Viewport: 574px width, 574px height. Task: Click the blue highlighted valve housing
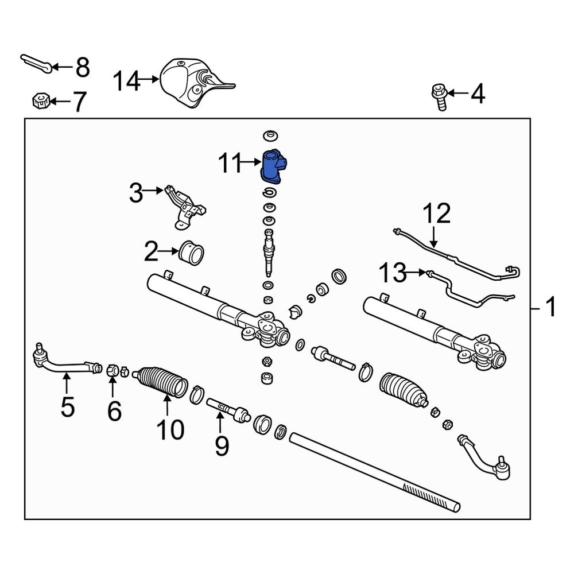pyautogui.click(x=273, y=168)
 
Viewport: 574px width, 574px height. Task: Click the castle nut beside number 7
pyautogui.click(x=37, y=102)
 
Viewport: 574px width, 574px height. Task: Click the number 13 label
pyautogui.click(x=393, y=273)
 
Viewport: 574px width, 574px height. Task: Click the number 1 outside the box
pyautogui.click(x=550, y=309)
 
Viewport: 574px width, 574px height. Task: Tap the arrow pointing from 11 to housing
pyautogui.click(x=253, y=163)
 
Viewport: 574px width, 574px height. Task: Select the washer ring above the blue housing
pyautogui.click(x=269, y=136)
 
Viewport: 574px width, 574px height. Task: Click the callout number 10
pyautogui.click(x=171, y=429)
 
